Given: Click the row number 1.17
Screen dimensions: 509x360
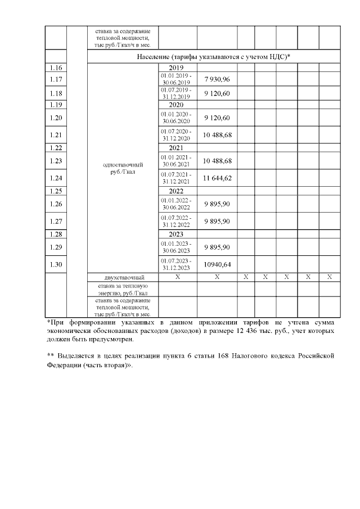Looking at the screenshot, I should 56,79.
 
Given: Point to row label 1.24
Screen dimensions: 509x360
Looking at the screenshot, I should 56,178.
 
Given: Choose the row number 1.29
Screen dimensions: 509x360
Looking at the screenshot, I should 56,247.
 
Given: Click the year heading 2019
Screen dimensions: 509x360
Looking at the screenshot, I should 177,67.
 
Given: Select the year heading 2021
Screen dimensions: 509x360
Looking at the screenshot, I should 177,148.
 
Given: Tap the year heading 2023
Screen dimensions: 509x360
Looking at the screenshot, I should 177,234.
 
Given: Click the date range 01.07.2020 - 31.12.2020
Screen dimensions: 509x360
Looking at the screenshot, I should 177,135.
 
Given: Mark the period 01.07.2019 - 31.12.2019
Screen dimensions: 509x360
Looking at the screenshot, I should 177,93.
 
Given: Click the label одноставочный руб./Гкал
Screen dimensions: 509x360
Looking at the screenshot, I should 123,169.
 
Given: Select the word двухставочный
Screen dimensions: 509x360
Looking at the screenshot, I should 123,277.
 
